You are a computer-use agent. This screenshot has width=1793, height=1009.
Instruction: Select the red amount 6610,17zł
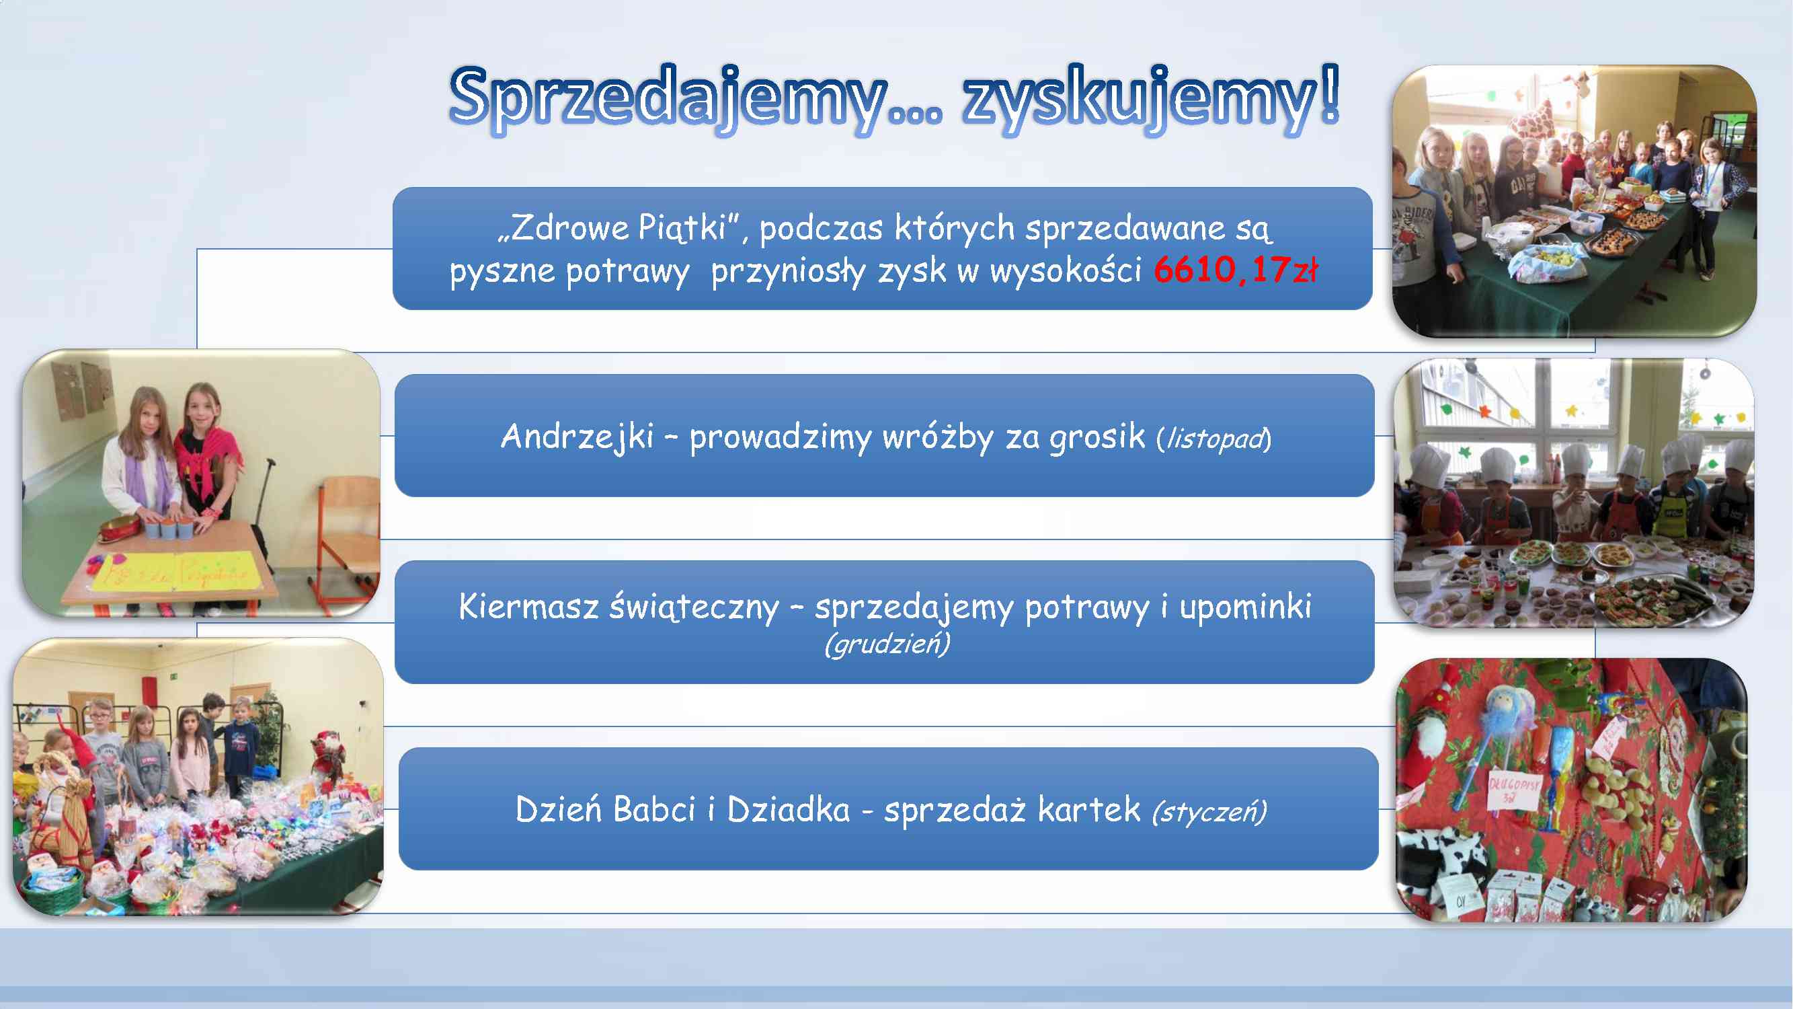coord(1236,270)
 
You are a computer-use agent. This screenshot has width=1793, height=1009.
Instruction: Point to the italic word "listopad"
coord(1215,439)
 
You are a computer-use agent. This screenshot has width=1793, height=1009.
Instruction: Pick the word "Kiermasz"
coord(528,606)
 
